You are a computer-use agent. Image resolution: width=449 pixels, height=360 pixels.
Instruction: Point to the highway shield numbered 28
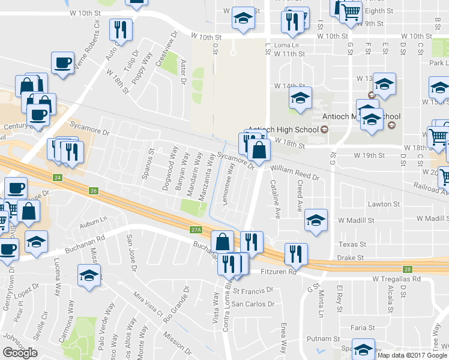pos(407,269)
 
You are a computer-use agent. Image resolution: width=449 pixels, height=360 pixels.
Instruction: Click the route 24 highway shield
pos(58,178)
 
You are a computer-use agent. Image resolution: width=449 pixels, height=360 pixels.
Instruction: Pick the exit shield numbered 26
pos(93,191)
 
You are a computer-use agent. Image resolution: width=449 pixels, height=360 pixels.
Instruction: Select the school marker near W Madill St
pos(315,220)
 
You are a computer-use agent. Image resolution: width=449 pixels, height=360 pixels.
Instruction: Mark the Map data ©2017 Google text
pos(412,355)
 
